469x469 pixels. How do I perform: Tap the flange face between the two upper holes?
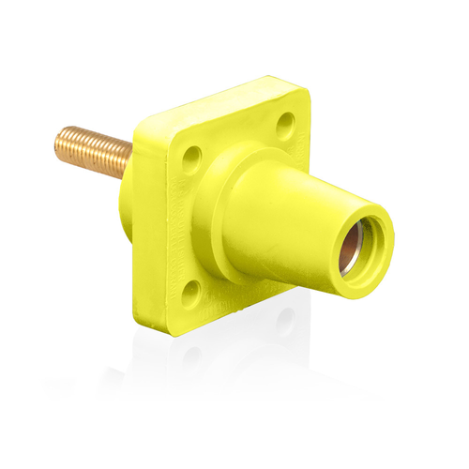239,136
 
